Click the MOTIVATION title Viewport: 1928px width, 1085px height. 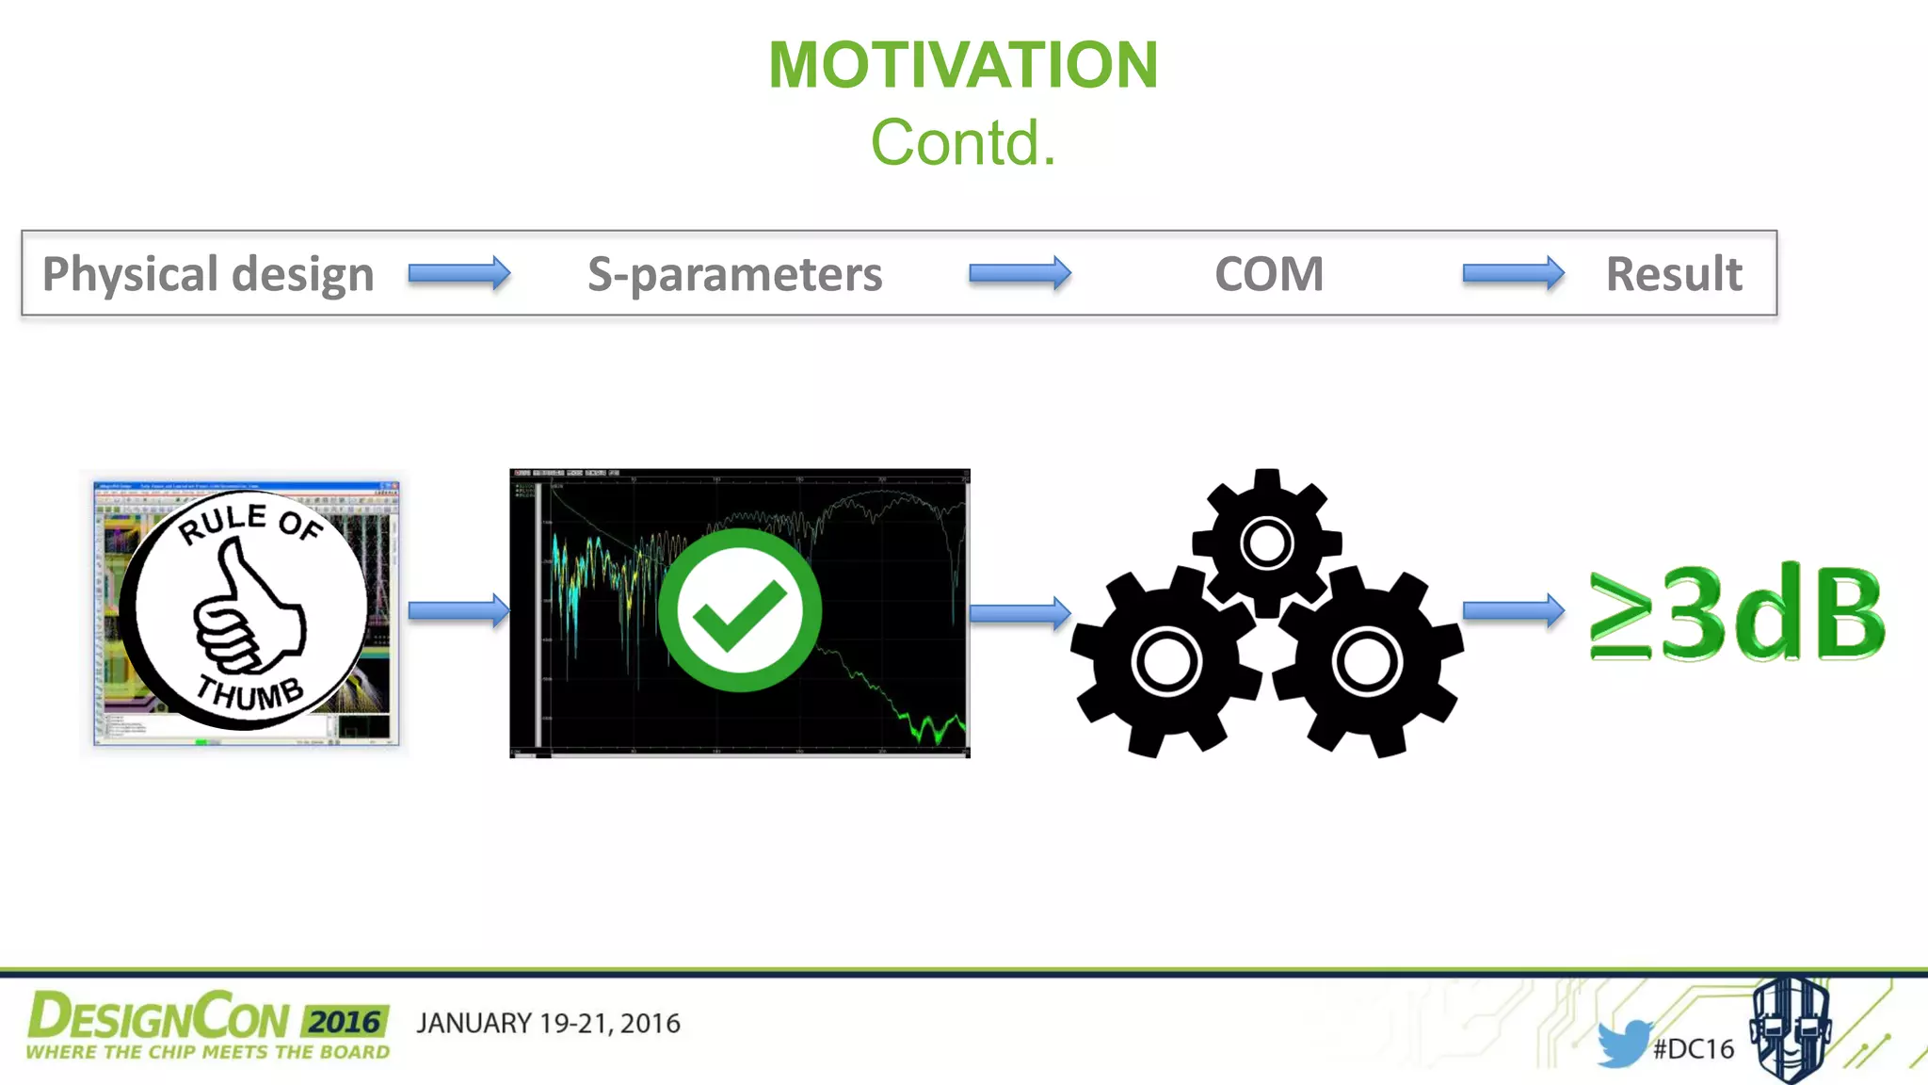tap(963, 66)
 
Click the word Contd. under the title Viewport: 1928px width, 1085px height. tap(963, 143)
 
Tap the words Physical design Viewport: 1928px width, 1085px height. tap(208, 274)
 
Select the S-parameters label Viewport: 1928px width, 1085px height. tap(734, 274)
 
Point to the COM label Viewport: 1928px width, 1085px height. tap(1268, 274)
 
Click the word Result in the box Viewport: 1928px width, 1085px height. tap(1673, 274)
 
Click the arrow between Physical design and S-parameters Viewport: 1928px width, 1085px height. tap(459, 274)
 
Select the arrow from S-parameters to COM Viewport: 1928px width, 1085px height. tap(1020, 274)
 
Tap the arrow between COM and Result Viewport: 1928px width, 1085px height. tap(1513, 274)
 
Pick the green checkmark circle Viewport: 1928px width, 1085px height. tap(740, 610)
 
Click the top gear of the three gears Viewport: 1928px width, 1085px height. tap(1266, 542)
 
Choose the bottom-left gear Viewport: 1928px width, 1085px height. tap(1166, 661)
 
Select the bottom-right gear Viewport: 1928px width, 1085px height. tap(1367, 661)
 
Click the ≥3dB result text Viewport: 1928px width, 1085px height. tap(1737, 614)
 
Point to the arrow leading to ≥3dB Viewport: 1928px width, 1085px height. tap(1513, 611)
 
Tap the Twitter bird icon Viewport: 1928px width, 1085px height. tap(1622, 1044)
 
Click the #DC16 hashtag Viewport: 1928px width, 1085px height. tap(1693, 1049)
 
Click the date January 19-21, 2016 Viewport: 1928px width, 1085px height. tap(548, 1024)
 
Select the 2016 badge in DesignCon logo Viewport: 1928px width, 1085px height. tap(345, 1022)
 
